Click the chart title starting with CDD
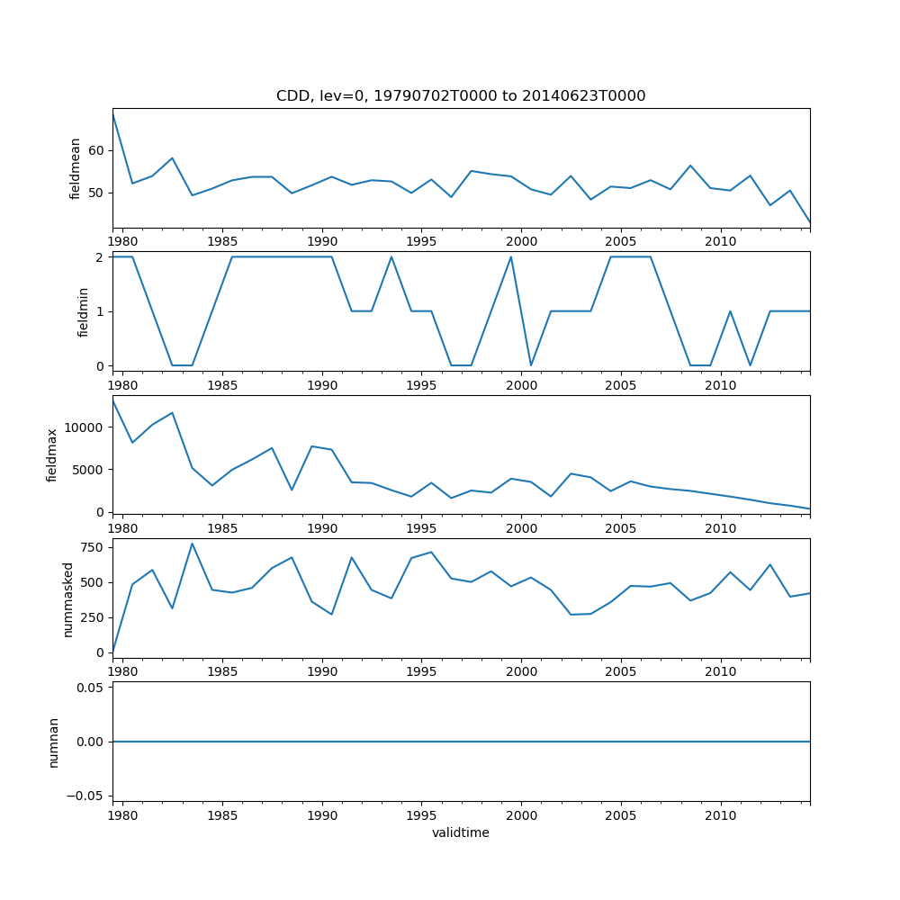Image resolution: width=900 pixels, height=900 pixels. coord(461,96)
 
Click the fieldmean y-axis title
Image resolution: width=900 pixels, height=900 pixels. coord(76,168)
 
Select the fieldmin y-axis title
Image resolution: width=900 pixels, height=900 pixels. coord(84,311)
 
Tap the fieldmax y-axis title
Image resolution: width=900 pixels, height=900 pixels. coord(53,454)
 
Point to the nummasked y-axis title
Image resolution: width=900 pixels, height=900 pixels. coord(67,598)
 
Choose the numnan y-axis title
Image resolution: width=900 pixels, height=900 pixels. coord(53,742)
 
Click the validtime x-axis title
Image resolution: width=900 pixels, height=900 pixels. coord(461,832)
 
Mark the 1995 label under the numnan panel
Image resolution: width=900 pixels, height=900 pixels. coord(421,815)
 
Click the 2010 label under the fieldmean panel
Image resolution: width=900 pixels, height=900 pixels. coord(720,241)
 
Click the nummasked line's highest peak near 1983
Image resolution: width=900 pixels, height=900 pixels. coord(192,544)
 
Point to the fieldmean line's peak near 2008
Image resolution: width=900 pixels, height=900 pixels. coord(690,166)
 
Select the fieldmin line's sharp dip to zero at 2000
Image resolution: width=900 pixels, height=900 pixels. coord(531,365)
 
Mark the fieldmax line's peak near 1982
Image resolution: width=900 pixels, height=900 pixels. coord(172,413)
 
